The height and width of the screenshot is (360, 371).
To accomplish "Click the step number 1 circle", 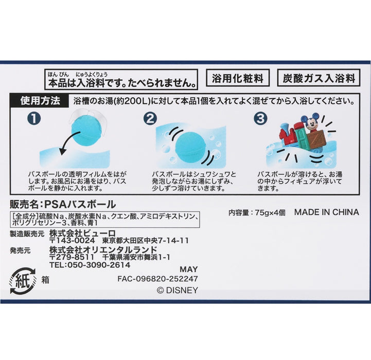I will click(34, 119).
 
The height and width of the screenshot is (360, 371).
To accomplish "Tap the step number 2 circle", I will click(150, 119).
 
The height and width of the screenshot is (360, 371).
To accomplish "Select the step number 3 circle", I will click(261, 119).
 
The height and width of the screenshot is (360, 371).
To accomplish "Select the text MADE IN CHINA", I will click(326, 212).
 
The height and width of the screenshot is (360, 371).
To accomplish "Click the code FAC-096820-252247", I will click(157, 279).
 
